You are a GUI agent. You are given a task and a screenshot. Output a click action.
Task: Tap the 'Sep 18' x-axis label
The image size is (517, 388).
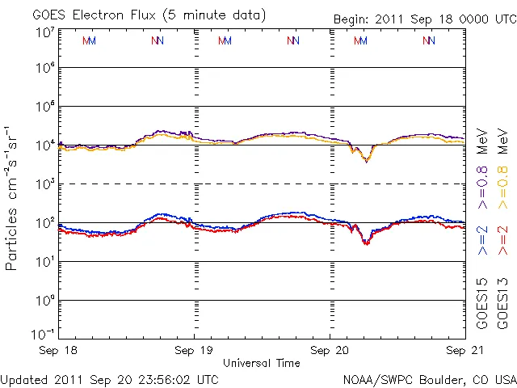pos(61,351)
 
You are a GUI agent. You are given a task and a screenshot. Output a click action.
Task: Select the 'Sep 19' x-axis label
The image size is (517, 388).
pos(194,351)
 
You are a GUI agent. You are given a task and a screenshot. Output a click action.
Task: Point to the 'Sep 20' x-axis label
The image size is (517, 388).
pos(330,351)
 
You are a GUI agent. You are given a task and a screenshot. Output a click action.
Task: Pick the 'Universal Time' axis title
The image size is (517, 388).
pos(262,363)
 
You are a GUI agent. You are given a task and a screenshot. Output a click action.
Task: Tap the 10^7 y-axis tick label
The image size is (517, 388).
pos(45,32)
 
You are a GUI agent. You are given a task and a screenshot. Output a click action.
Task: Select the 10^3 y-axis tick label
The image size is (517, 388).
pos(45,183)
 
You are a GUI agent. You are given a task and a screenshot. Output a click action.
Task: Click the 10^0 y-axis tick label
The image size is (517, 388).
pos(45,300)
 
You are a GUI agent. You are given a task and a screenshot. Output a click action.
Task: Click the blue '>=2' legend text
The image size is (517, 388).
pos(482,241)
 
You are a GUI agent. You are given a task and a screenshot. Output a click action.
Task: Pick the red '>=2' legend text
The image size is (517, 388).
pos(503,241)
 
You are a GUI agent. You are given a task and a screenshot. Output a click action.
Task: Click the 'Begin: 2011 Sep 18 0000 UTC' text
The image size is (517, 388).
pos(423,19)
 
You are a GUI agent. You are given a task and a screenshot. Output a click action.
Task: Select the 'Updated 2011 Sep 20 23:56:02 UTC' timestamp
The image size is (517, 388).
pos(109,378)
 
